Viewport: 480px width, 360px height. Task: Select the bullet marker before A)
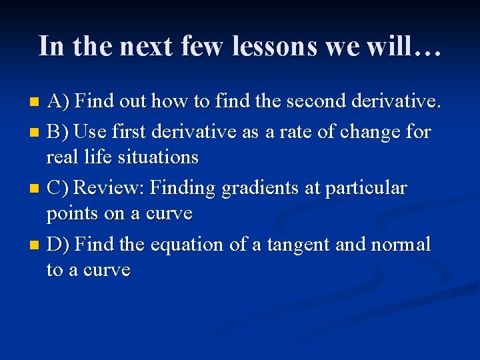click(x=36, y=102)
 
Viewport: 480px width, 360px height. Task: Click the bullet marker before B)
click(x=36, y=132)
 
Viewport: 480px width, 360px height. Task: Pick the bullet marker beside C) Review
click(x=36, y=189)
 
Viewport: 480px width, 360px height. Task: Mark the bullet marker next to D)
click(x=36, y=245)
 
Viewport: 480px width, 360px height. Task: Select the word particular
click(x=366, y=188)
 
